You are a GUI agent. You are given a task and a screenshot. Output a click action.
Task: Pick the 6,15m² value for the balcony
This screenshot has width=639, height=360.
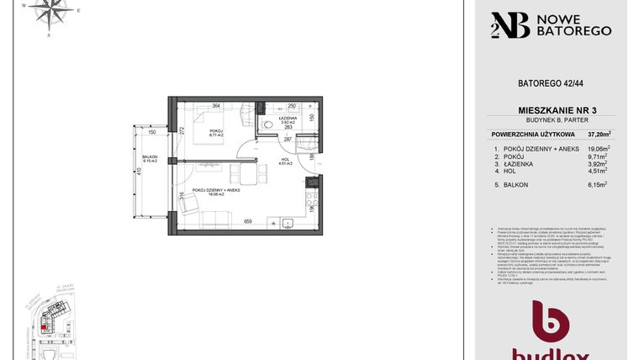(598, 183)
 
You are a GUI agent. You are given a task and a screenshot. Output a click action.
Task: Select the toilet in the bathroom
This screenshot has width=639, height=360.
(267, 124)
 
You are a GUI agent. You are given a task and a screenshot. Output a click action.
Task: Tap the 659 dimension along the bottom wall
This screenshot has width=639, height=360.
(248, 221)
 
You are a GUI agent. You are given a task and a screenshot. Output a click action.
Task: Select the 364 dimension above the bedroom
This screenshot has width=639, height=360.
(216, 106)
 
